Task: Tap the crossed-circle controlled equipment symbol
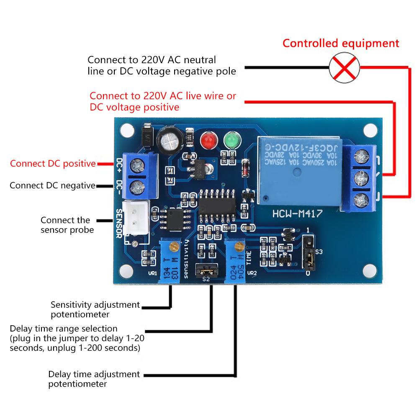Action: tap(344, 68)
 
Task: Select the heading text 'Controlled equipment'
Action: tap(341, 43)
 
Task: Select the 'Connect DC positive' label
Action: tap(53, 164)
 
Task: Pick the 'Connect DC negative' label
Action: tap(52, 185)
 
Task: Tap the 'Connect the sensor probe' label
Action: tap(65, 225)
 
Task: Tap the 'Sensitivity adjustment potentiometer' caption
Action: tap(95, 309)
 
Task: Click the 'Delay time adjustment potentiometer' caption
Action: tap(94, 378)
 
